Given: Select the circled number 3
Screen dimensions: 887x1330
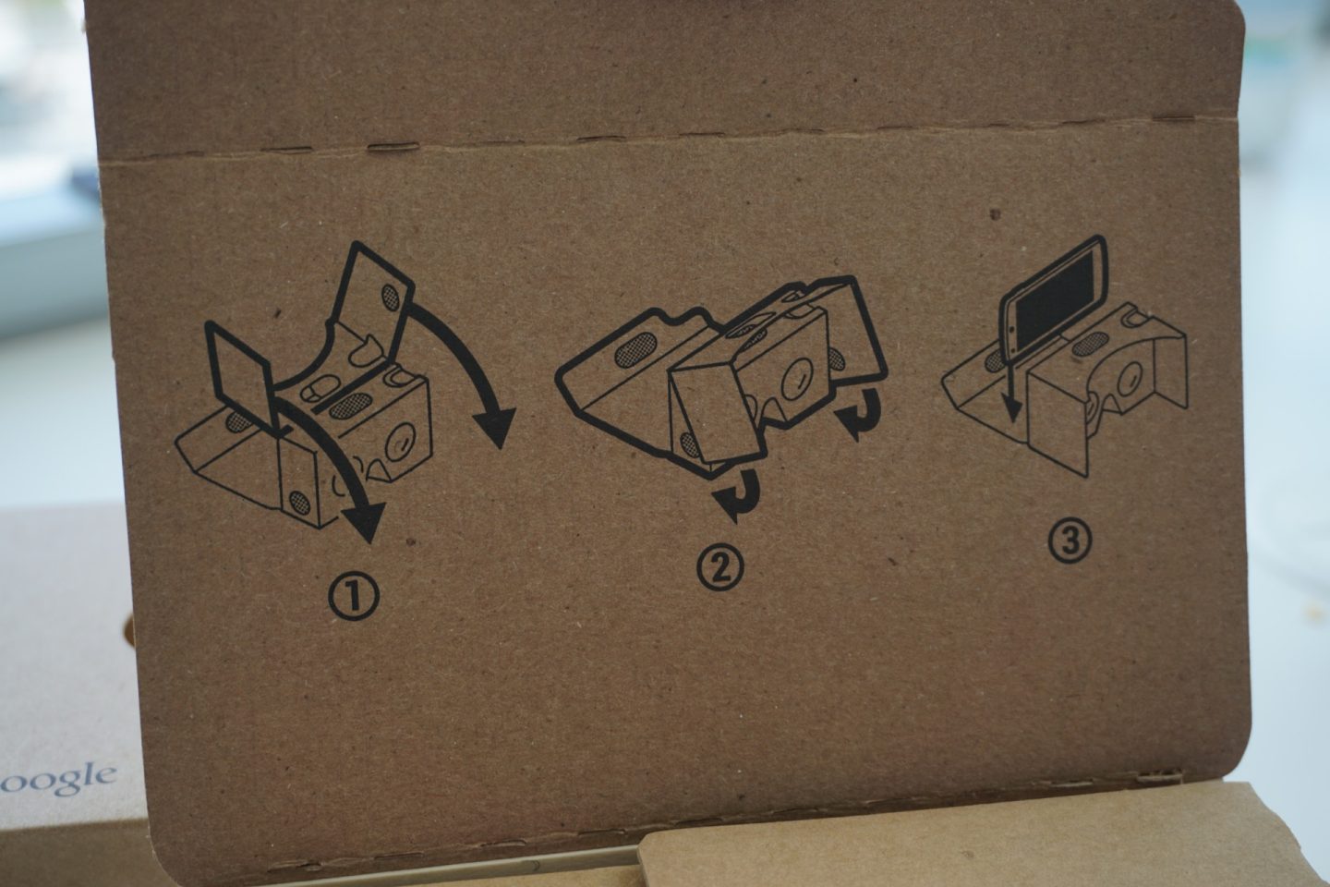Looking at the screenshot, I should (1070, 541).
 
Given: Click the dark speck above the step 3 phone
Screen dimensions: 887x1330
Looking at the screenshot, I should (996, 214).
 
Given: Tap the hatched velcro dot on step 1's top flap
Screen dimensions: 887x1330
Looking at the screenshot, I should (392, 297).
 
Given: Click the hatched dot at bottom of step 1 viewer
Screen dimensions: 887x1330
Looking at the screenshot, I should (299, 502).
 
